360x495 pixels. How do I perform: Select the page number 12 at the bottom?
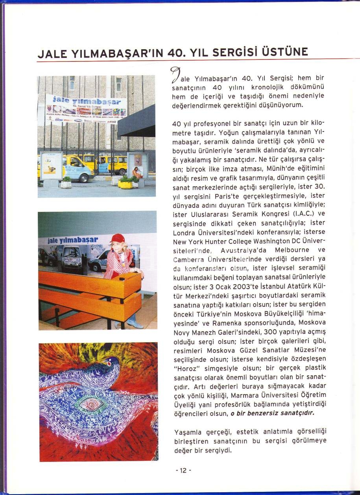pyautogui.click(x=183, y=470)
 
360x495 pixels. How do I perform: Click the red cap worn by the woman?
pyautogui.click(x=117, y=238)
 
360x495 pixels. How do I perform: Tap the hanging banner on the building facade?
pyautogui.click(x=86, y=108)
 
